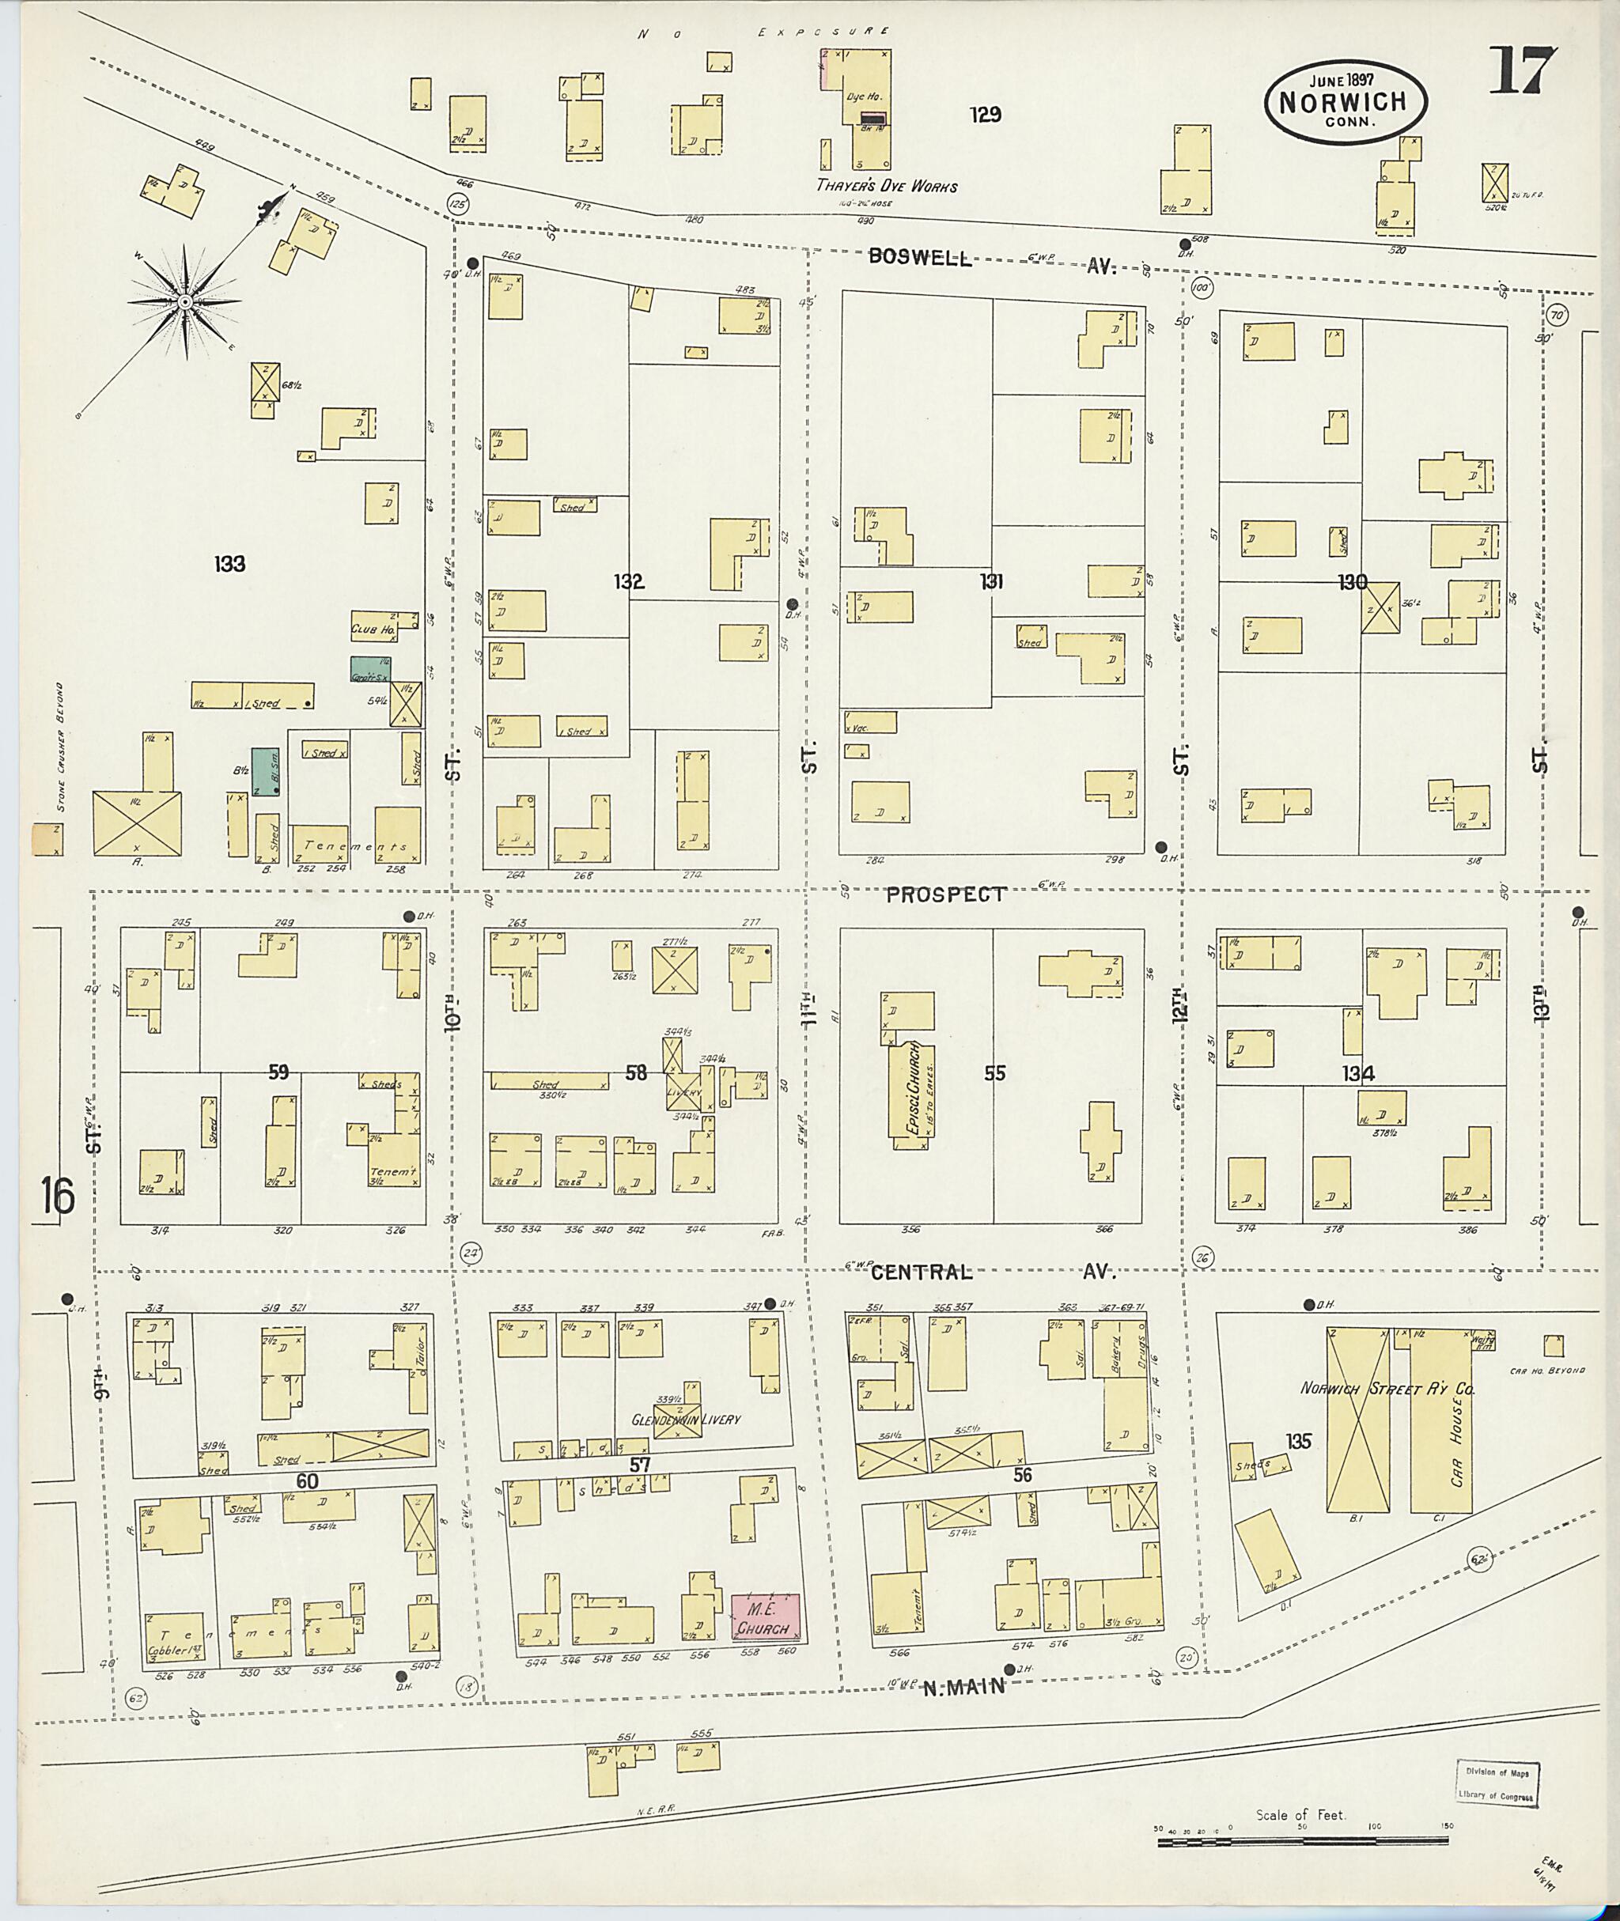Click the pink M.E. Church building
coord(764,1617)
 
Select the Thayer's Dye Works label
coord(886,187)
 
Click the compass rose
coord(184,301)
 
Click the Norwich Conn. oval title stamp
coord(1346,102)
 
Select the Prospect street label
coord(946,894)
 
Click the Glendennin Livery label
coord(685,1419)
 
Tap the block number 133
coord(229,564)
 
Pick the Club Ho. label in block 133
coord(372,630)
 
